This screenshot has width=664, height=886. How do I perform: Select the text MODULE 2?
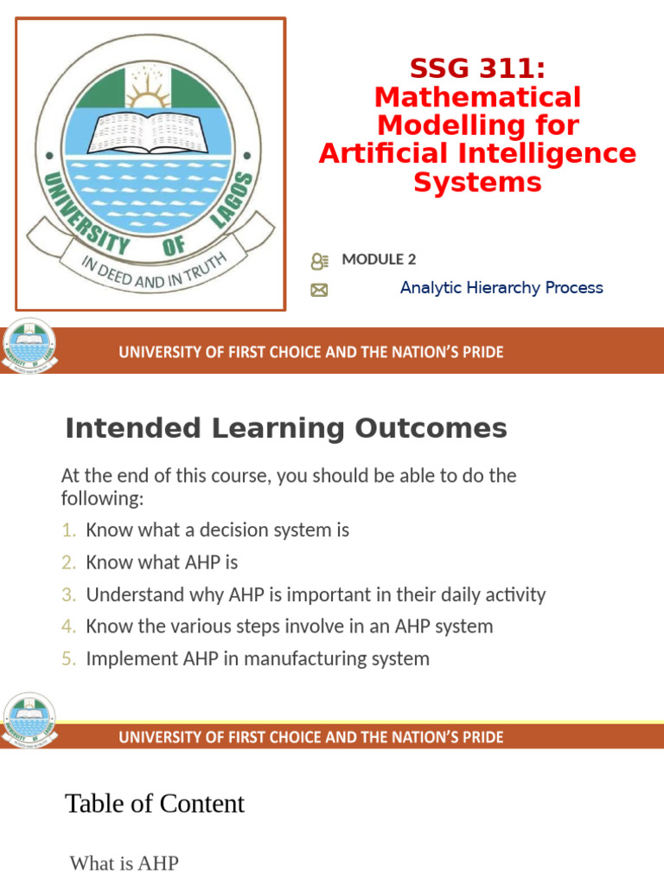click(379, 259)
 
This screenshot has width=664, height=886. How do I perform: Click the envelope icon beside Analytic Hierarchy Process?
click(319, 291)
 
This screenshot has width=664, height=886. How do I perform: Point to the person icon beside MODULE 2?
click(319, 260)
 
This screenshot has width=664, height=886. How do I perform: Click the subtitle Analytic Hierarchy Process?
click(501, 288)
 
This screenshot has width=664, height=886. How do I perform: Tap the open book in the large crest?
click(150, 130)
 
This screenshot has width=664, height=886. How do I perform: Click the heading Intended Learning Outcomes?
click(286, 428)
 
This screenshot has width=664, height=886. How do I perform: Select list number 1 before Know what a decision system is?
click(68, 530)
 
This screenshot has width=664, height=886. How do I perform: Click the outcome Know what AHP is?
click(162, 562)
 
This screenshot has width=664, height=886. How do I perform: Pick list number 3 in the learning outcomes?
click(68, 595)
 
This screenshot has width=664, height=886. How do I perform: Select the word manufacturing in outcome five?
click(315, 658)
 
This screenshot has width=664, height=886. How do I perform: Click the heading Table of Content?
click(155, 804)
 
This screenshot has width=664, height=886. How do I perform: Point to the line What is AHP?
click(124, 863)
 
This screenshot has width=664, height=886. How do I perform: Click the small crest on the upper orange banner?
click(29, 347)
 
